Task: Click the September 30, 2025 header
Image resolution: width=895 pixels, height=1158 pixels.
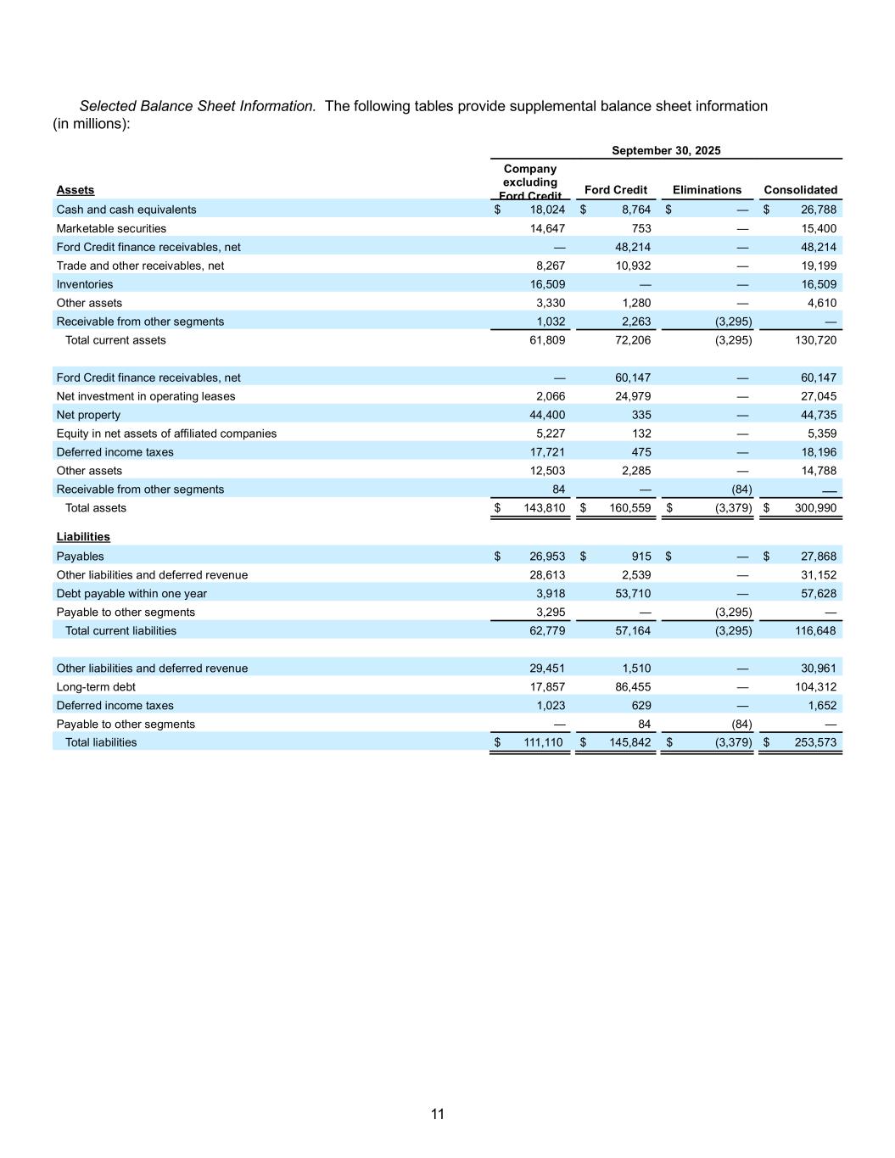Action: point(666,150)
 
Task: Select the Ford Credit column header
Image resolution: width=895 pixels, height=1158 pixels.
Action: point(616,190)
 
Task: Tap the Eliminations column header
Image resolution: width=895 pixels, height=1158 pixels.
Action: point(707,190)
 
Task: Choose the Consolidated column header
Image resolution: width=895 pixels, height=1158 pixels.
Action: point(800,190)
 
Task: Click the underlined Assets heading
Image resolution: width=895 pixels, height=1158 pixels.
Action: point(76,190)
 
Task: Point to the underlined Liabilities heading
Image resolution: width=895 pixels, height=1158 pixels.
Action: point(83,537)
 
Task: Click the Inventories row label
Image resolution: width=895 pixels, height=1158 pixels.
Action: point(84,284)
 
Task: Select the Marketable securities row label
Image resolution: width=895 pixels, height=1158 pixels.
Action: point(111,228)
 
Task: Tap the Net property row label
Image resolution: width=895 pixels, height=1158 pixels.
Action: point(88,415)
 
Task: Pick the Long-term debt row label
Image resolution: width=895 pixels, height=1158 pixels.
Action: point(96,687)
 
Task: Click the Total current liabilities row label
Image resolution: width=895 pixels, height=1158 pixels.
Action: point(120,631)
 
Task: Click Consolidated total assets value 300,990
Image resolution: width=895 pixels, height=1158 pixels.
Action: point(813,508)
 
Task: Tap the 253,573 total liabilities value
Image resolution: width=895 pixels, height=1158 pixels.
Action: point(813,742)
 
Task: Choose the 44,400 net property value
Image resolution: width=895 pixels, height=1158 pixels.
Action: point(547,415)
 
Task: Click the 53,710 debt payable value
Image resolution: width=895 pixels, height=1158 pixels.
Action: point(633,594)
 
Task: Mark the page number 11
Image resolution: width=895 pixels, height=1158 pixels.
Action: point(438,1114)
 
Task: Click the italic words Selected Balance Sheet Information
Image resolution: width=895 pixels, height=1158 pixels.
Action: point(198,106)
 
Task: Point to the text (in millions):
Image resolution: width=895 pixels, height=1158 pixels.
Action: point(92,124)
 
